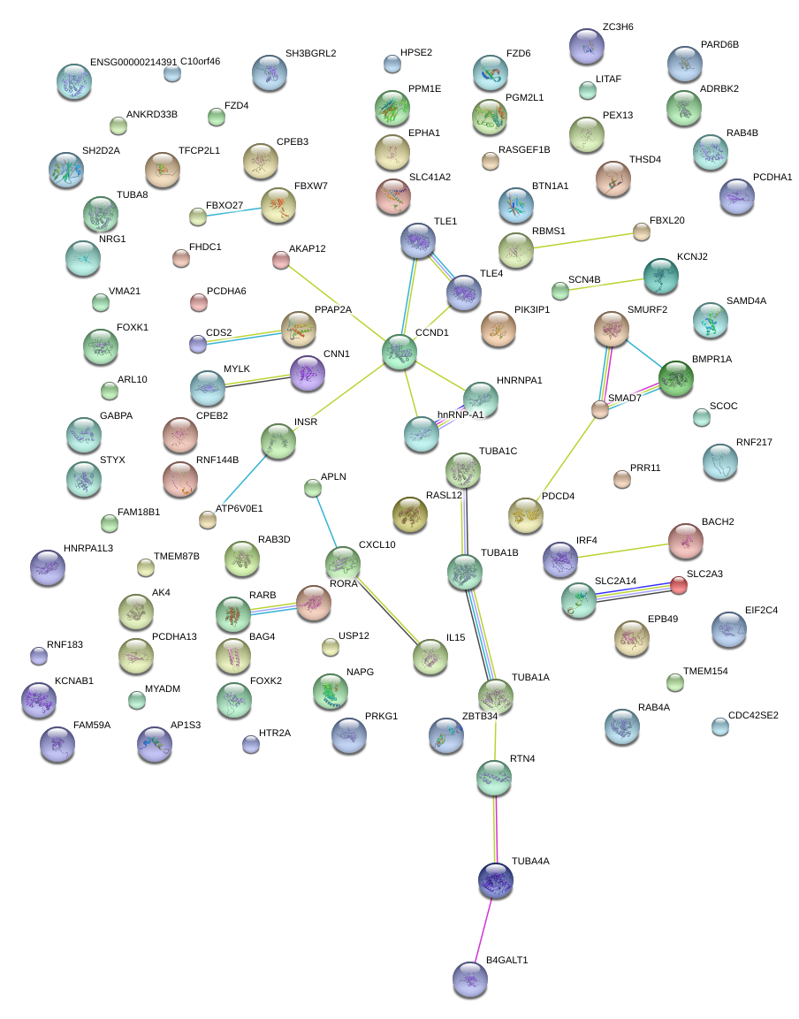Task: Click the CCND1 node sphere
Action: coord(399,352)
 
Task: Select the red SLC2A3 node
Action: coord(678,585)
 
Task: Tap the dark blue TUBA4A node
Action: coord(495,879)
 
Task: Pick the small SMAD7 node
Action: coord(600,409)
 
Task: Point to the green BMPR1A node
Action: coord(676,378)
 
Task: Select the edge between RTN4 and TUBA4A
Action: coord(495,829)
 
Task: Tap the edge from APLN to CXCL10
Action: coord(326,522)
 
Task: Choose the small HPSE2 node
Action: coord(392,63)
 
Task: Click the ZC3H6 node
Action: coord(586,46)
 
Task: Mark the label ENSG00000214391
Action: coord(133,63)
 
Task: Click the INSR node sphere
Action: coord(278,441)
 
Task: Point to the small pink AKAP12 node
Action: coord(280,260)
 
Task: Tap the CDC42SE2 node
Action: coord(720,726)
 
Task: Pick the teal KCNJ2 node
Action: coord(661,276)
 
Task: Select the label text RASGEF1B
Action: coord(524,150)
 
